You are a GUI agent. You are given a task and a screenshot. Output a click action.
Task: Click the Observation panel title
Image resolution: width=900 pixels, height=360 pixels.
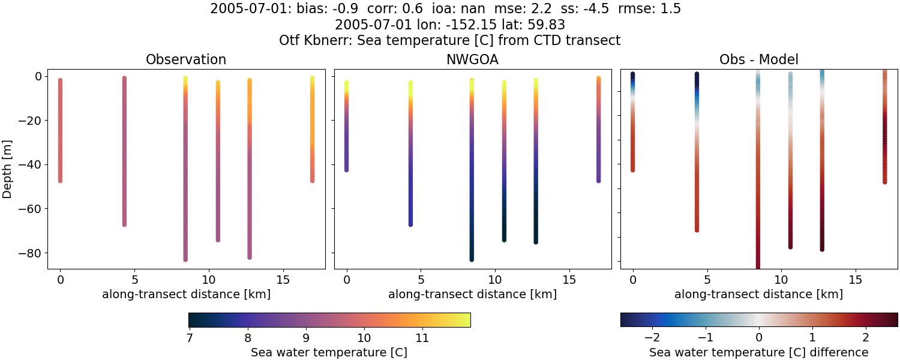pyautogui.click(x=186, y=60)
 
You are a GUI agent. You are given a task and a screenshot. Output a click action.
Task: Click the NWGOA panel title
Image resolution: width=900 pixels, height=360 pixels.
pyautogui.click(x=472, y=60)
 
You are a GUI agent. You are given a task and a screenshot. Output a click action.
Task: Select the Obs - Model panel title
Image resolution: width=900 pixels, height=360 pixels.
pyautogui.click(x=758, y=60)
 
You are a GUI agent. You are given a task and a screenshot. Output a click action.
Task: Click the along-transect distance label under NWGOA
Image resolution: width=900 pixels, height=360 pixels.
pyautogui.click(x=472, y=295)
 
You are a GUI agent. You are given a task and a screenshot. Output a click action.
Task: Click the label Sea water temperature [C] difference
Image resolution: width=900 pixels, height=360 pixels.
pyautogui.click(x=758, y=352)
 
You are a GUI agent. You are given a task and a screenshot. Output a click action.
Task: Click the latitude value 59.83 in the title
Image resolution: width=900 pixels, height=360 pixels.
pyautogui.click(x=546, y=25)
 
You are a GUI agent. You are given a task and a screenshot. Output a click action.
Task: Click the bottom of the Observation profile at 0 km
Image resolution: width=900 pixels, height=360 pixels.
pyautogui.click(x=60, y=180)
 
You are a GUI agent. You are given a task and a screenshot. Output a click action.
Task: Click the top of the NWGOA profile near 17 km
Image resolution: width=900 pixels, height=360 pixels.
pyautogui.click(x=598, y=78)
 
